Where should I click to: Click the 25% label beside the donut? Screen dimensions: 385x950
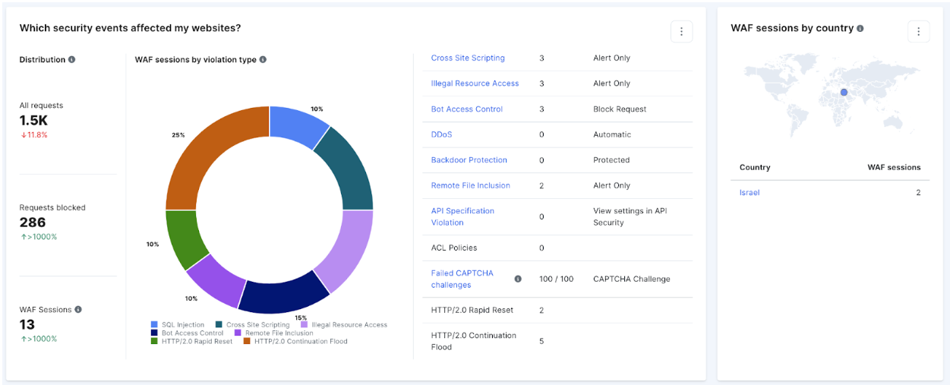point(178,135)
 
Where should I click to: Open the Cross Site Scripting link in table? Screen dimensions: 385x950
point(467,58)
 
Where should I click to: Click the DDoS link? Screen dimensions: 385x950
point(441,134)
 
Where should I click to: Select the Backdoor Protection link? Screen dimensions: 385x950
point(469,160)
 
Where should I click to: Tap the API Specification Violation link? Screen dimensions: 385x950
point(462,216)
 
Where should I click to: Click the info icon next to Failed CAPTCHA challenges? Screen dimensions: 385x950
point(518,279)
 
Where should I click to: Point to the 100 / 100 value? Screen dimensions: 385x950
point(556,279)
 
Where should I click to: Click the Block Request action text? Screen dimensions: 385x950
point(619,109)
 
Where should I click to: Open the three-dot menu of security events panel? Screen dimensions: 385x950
point(681,31)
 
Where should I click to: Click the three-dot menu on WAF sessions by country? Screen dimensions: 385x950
point(918,31)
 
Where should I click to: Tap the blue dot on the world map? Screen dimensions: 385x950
point(843,93)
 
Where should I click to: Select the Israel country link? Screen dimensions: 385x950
point(750,193)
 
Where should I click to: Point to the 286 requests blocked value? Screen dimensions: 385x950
point(33,222)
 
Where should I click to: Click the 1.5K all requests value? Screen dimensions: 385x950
point(33,121)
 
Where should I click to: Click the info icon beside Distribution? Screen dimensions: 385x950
point(71,60)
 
